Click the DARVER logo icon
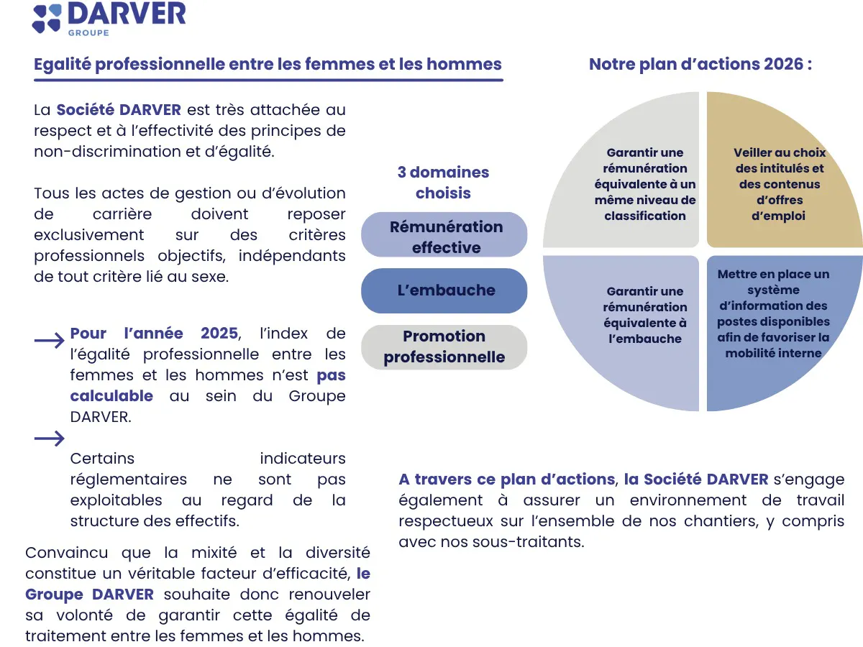coord(47,18)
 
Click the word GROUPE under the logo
coord(88,32)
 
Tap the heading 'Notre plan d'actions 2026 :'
coord(700,64)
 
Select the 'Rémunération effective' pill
coord(444,237)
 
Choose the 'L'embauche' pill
coord(444,290)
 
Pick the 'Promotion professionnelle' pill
coord(444,347)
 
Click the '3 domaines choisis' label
coord(443,183)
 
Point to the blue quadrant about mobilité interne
coord(774,313)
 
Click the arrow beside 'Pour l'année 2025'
coord(50,341)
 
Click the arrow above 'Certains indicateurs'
coord(50,439)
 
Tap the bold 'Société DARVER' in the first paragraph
coord(119,110)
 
